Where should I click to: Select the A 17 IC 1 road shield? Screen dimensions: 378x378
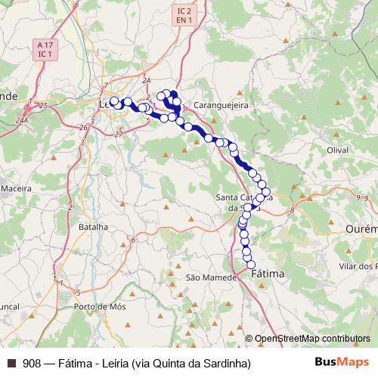pos(45,50)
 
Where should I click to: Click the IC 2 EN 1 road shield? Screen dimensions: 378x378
pos(181,14)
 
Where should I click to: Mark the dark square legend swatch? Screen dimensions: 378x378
pos(11,363)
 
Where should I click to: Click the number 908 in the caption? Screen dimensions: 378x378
pos(32,363)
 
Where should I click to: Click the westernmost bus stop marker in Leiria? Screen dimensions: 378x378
pos(115,101)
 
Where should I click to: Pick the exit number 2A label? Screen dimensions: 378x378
pos(147,79)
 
